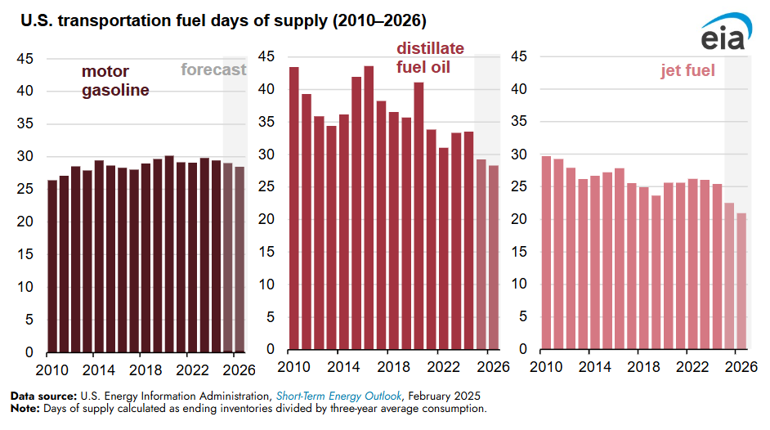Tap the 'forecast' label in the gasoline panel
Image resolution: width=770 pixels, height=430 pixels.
coord(213,69)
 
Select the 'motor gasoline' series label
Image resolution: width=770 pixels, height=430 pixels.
coord(115,81)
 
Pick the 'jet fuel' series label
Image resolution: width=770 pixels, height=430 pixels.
coord(687,71)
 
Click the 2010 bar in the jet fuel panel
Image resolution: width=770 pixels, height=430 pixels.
coord(546,253)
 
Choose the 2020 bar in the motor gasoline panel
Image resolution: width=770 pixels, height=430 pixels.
coord(169,253)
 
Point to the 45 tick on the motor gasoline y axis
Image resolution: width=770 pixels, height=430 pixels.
coord(25,59)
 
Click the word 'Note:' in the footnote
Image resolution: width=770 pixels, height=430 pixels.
coord(25,407)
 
